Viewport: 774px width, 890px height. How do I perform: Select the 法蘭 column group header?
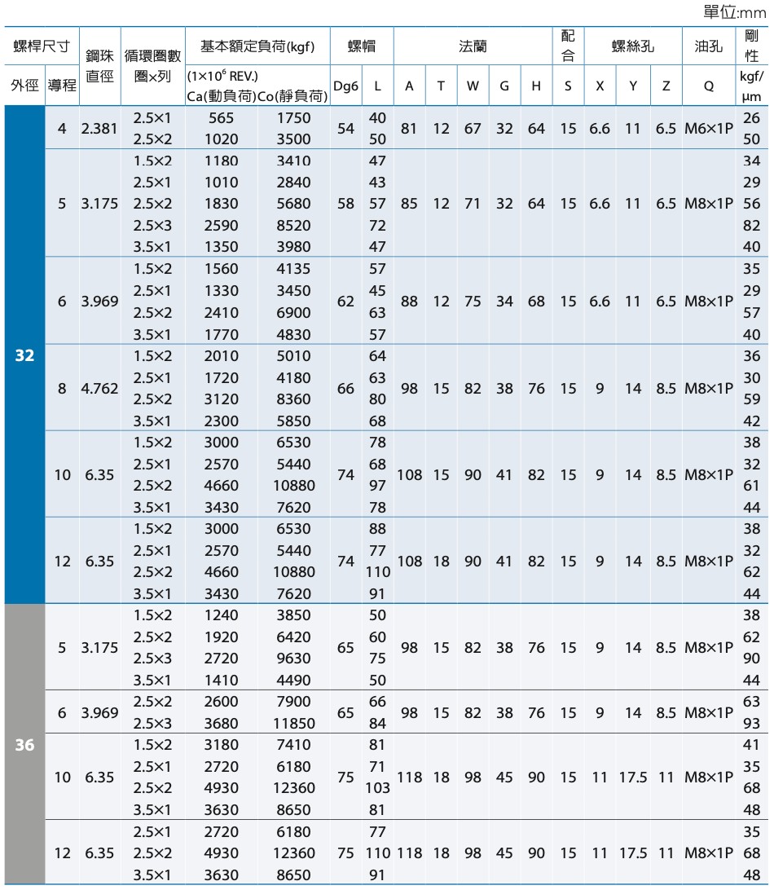(473, 46)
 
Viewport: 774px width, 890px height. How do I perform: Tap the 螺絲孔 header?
(632, 46)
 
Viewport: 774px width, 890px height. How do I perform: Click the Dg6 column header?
(345, 86)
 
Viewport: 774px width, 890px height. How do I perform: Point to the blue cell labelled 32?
(24, 355)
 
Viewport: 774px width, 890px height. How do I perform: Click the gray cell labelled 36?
(24, 744)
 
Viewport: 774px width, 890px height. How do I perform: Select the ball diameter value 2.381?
(99, 129)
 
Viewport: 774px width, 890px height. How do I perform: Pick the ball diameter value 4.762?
(99, 389)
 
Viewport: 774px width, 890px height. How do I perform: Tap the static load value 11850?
(294, 723)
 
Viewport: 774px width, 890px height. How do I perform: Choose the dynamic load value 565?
(222, 118)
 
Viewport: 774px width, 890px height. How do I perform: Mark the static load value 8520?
(294, 225)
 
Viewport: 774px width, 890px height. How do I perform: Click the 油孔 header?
(708, 46)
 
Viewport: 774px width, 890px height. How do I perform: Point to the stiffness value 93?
(751, 723)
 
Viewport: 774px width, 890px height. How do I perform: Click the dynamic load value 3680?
(222, 723)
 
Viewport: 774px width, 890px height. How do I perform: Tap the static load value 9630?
(294, 659)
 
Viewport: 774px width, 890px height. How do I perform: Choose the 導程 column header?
(62, 86)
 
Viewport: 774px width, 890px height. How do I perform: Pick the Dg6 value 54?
(345, 129)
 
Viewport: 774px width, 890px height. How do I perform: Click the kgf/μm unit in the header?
(751, 86)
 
